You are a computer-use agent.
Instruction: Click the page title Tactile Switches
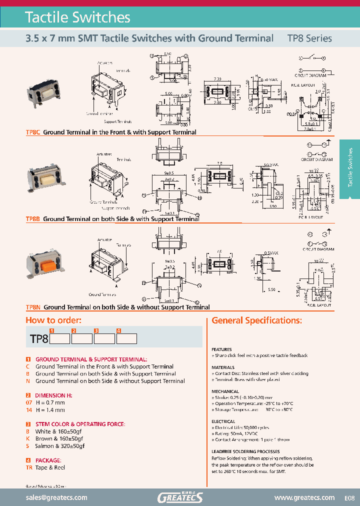click(77, 17)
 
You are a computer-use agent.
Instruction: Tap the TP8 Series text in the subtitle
click(309, 38)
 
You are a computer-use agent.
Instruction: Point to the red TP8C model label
click(33, 132)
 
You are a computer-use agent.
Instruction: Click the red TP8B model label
click(33, 219)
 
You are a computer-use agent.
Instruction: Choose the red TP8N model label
click(33, 307)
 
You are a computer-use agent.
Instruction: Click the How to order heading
click(53, 320)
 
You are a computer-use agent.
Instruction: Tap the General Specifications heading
click(256, 320)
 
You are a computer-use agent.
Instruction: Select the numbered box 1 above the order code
click(51, 330)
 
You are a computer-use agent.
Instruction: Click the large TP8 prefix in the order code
click(39, 339)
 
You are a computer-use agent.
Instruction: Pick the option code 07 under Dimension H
click(29, 402)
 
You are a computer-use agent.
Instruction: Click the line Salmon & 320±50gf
click(59, 445)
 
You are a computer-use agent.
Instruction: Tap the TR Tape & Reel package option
click(45, 467)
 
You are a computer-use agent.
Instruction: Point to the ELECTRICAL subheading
click(223, 421)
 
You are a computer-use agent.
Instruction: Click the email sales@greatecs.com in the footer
click(56, 497)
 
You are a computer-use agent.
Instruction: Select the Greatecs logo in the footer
click(180, 497)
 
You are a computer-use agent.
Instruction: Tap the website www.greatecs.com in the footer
click(304, 497)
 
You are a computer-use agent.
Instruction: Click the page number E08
click(349, 498)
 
